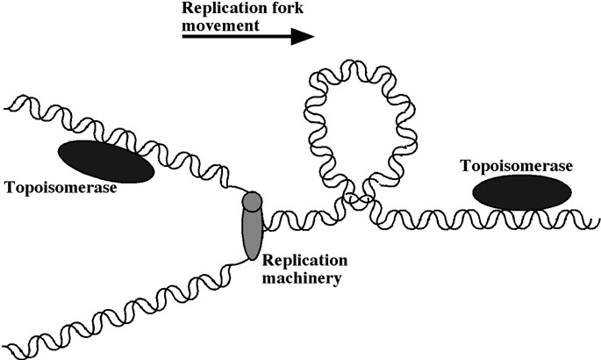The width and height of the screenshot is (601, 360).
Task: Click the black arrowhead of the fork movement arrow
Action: pyautogui.click(x=302, y=37)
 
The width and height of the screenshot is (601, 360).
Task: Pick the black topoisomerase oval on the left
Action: pyautogui.click(x=105, y=161)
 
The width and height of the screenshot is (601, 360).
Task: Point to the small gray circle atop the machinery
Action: pyautogui.click(x=253, y=201)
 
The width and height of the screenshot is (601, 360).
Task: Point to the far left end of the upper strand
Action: pyautogui.click(x=7, y=106)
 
